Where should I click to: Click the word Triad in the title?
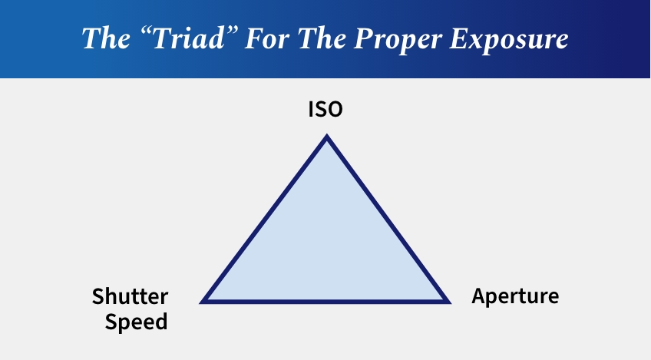tap(190, 38)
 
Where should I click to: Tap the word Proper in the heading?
tap(398, 40)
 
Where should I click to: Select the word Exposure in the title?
tap(509, 40)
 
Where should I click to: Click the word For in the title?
tap(267, 38)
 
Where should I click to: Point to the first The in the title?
tap(106, 38)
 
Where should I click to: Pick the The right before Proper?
tap(322, 38)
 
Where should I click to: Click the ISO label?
tap(325, 110)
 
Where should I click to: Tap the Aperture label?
tap(515, 296)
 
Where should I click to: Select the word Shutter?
tap(130, 296)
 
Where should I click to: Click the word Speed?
tap(136, 322)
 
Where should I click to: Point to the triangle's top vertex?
tap(327, 134)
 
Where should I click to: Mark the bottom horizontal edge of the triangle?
tap(325, 302)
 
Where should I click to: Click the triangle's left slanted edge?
tap(263, 219)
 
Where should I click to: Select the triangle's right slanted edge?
tap(389, 219)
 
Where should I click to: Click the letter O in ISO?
tap(335, 110)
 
